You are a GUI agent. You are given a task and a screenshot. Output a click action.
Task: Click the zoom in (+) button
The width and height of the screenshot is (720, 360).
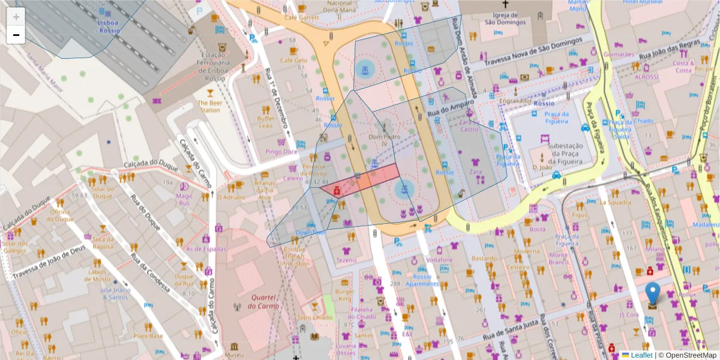coord(16,16)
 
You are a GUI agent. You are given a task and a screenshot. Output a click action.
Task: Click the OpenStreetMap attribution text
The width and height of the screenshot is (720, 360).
coord(686,355)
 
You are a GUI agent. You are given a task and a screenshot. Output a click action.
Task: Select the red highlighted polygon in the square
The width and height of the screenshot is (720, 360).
coord(361,181)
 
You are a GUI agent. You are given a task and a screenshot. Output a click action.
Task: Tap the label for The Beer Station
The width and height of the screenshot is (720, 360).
coord(209,106)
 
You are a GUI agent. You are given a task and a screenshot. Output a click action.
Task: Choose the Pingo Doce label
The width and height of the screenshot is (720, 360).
coord(281,152)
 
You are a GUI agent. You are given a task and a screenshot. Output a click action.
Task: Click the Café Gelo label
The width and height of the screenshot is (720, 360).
coord(293,61)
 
